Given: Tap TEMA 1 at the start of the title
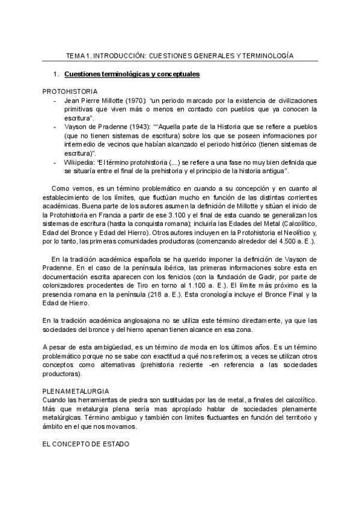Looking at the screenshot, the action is click(78, 56).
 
